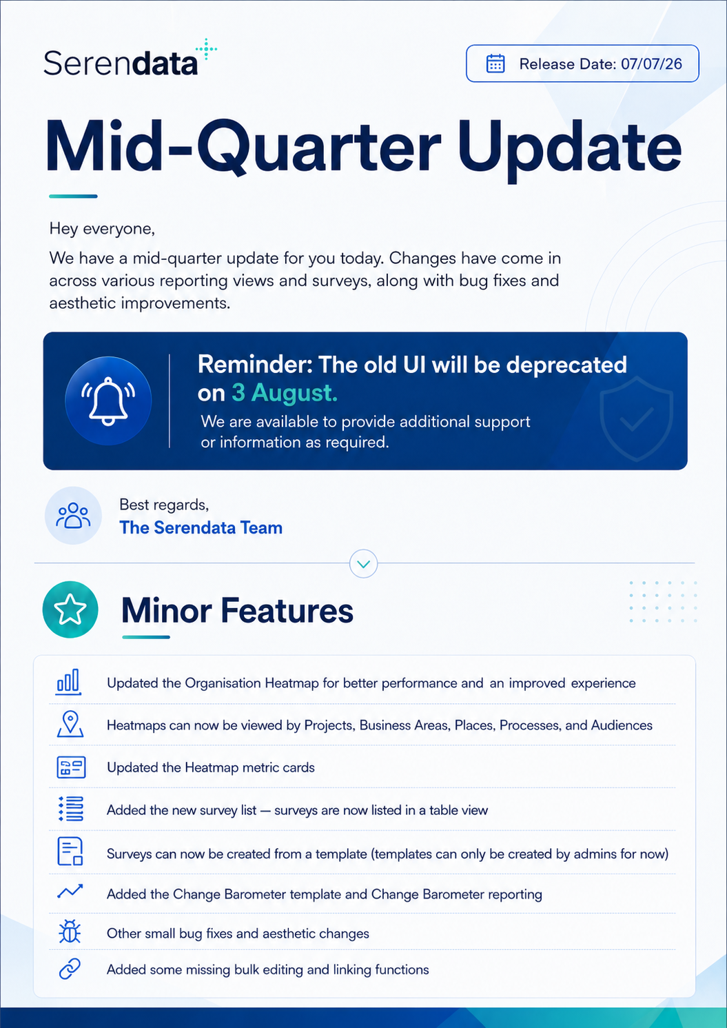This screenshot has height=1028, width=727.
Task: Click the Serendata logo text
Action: click(121, 63)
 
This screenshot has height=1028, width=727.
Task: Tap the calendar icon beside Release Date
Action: click(495, 64)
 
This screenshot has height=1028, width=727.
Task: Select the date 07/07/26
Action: click(651, 64)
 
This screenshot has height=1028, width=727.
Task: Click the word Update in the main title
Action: click(569, 148)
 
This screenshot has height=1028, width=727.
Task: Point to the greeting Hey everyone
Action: click(102, 228)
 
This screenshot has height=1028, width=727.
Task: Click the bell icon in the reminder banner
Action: click(108, 401)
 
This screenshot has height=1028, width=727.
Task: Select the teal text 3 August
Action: click(285, 393)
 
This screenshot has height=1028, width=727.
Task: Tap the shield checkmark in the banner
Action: click(636, 419)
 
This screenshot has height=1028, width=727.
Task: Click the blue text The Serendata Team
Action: click(201, 527)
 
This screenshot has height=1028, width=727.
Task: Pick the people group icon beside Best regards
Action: click(73, 516)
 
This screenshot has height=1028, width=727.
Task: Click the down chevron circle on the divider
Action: click(364, 563)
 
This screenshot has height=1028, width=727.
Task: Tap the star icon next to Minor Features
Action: click(70, 609)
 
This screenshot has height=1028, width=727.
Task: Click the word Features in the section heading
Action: click(287, 611)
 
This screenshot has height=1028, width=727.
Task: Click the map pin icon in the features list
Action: click(70, 724)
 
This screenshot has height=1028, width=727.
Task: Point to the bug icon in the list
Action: click(70, 931)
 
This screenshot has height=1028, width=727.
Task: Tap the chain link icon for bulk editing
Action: click(70, 969)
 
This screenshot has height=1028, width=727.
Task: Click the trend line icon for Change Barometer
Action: click(70, 891)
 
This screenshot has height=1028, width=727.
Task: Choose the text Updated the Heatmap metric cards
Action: click(211, 767)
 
